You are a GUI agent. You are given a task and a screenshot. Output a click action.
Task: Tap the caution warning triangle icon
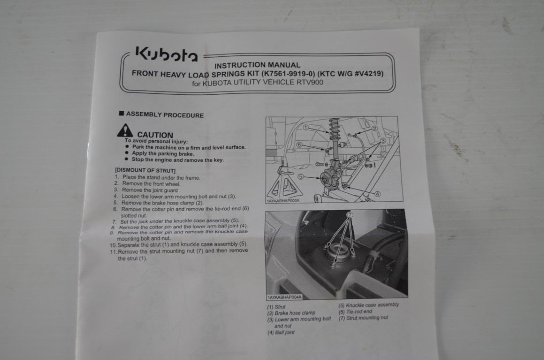pyautogui.click(x=125, y=130)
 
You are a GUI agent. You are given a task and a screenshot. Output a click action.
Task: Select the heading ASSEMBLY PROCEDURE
pyautogui.click(x=165, y=114)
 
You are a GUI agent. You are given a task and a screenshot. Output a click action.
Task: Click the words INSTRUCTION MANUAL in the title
pyautogui.click(x=257, y=65)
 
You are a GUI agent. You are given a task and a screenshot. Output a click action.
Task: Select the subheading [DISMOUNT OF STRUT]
pyautogui.click(x=145, y=170)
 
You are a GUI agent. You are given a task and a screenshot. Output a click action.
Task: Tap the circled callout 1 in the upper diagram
pyautogui.click(x=305, y=127)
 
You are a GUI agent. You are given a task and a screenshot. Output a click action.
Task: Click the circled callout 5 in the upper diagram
pyautogui.click(x=301, y=177)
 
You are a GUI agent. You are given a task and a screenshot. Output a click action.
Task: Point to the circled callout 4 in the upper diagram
pyautogui.click(x=378, y=194)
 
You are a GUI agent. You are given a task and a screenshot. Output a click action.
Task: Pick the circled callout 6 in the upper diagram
pyautogui.click(x=299, y=145)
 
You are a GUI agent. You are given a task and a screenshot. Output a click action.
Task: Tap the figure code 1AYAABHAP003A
pyautogui.click(x=283, y=201)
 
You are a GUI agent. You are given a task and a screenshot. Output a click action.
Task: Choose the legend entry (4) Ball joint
pyautogui.click(x=281, y=332)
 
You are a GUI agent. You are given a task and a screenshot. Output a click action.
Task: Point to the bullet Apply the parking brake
pyautogui.click(x=163, y=153)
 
